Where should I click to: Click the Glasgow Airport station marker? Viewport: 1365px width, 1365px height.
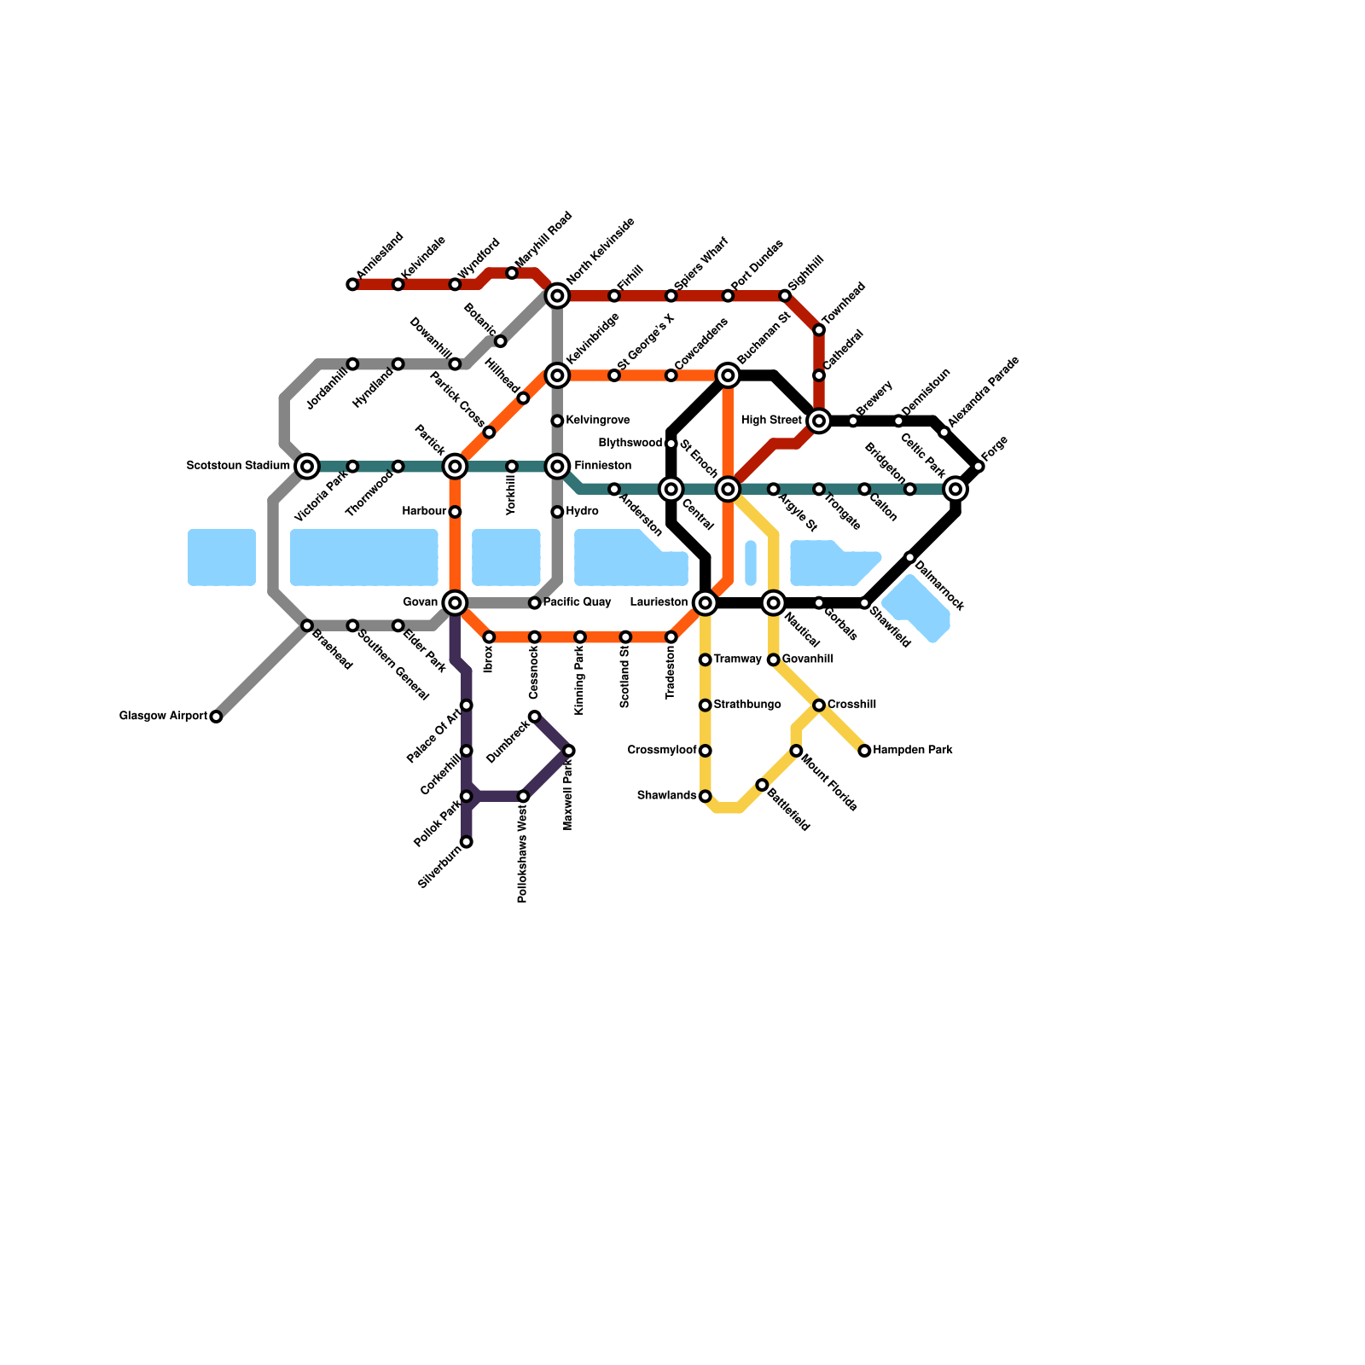click(x=216, y=717)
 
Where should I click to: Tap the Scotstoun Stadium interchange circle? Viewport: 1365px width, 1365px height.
click(x=307, y=466)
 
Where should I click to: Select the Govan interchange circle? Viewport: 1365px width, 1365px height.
click(x=455, y=602)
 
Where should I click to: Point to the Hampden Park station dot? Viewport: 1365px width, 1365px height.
click(x=864, y=751)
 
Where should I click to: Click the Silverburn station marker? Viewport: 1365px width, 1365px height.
click(x=467, y=842)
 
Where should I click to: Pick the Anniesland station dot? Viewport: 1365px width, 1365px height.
click(x=352, y=284)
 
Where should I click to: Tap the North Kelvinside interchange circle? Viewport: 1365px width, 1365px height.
click(x=557, y=296)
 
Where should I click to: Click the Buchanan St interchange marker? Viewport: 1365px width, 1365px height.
click(x=728, y=375)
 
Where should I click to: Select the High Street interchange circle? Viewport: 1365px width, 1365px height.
click(x=819, y=421)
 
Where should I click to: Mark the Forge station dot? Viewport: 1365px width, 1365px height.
click(x=979, y=466)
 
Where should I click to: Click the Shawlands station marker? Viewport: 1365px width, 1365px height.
click(x=705, y=796)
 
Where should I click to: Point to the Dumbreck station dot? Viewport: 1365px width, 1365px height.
click(x=534, y=717)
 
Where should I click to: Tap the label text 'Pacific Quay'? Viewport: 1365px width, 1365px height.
click(x=577, y=602)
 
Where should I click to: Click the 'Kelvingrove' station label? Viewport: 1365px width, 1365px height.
click(x=597, y=421)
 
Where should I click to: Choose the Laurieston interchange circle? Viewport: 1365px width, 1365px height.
click(x=705, y=603)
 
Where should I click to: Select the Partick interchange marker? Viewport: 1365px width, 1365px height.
click(x=455, y=466)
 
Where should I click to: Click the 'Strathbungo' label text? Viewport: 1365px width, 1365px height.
click(x=746, y=705)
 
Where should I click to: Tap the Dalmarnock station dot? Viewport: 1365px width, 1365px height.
click(x=910, y=557)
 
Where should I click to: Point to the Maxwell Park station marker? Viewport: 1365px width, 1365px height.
click(x=569, y=751)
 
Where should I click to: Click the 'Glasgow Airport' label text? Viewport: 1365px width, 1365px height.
click(x=163, y=717)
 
